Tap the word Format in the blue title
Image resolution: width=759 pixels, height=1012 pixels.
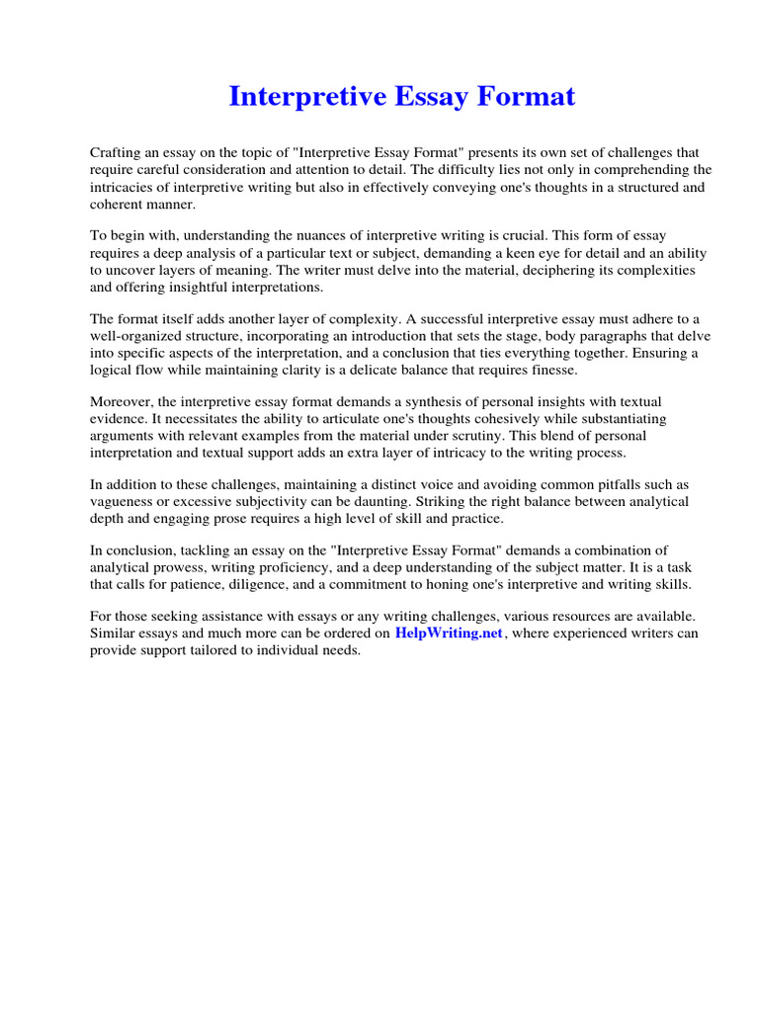click(524, 97)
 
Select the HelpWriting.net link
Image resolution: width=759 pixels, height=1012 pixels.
click(449, 633)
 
